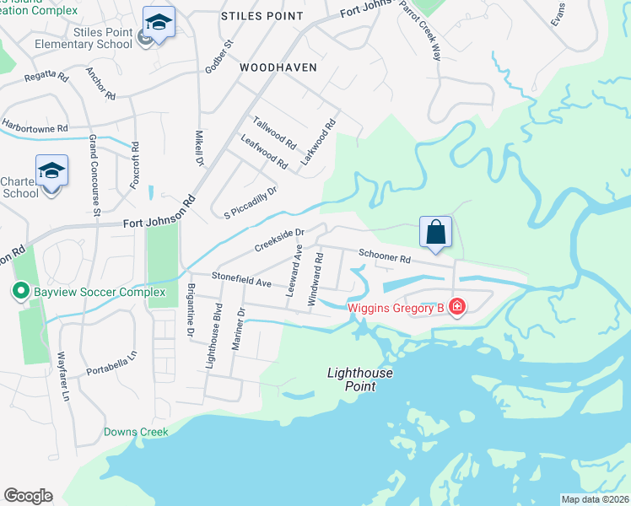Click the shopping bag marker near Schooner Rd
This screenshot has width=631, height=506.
pos(435,231)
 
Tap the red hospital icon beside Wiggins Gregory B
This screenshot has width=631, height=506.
pos(456,307)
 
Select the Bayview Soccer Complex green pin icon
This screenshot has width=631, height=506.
pos(19,293)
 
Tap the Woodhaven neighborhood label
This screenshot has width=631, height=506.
pos(278,67)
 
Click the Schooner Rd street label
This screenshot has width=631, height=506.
pos(384,256)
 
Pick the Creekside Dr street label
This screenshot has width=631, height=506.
pos(279,240)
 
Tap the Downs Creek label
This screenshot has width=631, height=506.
pos(136,432)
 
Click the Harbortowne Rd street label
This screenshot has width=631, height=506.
pos(34,126)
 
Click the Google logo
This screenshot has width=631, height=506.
pos(28,496)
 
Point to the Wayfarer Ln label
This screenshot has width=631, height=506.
pos(63,375)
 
